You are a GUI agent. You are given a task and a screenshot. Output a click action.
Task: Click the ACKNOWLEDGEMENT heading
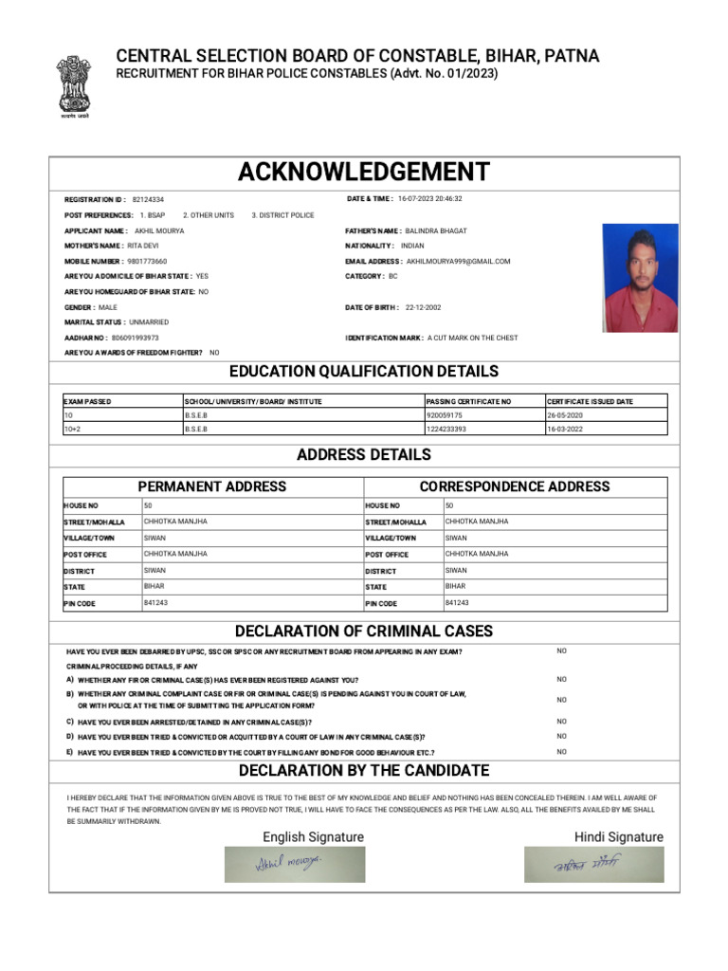(x=364, y=173)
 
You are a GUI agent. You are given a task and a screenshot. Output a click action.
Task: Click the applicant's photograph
(x=640, y=278)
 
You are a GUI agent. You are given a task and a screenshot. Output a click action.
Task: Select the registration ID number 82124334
(x=148, y=200)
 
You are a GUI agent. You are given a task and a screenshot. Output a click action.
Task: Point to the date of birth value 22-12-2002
(x=423, y=307)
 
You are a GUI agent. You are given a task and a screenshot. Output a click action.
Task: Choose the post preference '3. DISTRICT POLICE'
(x=282, y=215)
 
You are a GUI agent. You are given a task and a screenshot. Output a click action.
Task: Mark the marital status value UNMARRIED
(x=149, y=322)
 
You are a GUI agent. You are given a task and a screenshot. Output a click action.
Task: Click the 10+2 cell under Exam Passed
(x=70, y=429)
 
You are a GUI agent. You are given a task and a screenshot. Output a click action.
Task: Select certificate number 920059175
(x=445, y=415)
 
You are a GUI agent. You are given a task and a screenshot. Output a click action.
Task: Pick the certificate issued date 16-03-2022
(x=565, y=429)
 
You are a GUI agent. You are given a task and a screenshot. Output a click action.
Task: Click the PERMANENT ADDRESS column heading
(x=212, y=486)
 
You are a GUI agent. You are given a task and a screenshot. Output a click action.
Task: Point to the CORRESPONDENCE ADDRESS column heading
(x=515, y=486)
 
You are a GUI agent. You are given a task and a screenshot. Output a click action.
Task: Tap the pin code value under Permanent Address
(x=155, y=603)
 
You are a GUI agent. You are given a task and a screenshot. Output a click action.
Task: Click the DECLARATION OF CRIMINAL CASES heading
(x=364, y=632)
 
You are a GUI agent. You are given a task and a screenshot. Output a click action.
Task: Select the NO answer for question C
(x=562, y=722)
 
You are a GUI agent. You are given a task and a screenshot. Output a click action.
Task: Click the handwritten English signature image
(x=295, y=864)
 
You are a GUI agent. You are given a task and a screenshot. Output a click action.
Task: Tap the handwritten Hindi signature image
(x=594, y=864)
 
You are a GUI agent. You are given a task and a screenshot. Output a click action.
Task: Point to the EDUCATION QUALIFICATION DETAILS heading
(x=364, y=372)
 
